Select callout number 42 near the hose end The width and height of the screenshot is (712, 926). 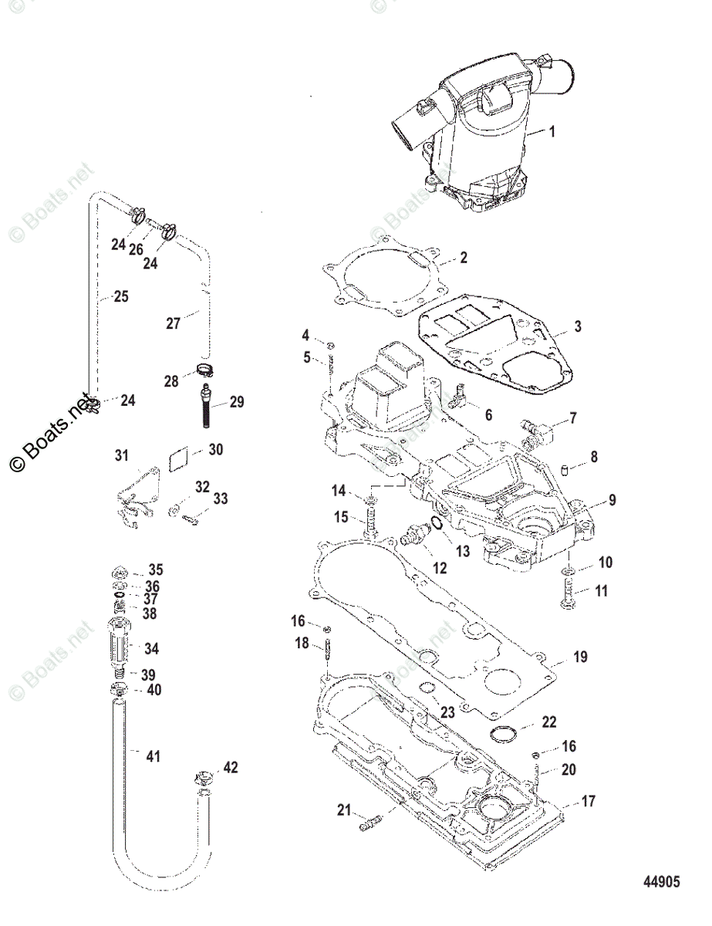pos(231,767)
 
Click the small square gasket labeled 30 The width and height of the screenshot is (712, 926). pos(177,458)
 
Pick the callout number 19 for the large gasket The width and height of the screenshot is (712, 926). pos(579,657)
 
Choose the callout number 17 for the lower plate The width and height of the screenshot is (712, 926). pos(588,802)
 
